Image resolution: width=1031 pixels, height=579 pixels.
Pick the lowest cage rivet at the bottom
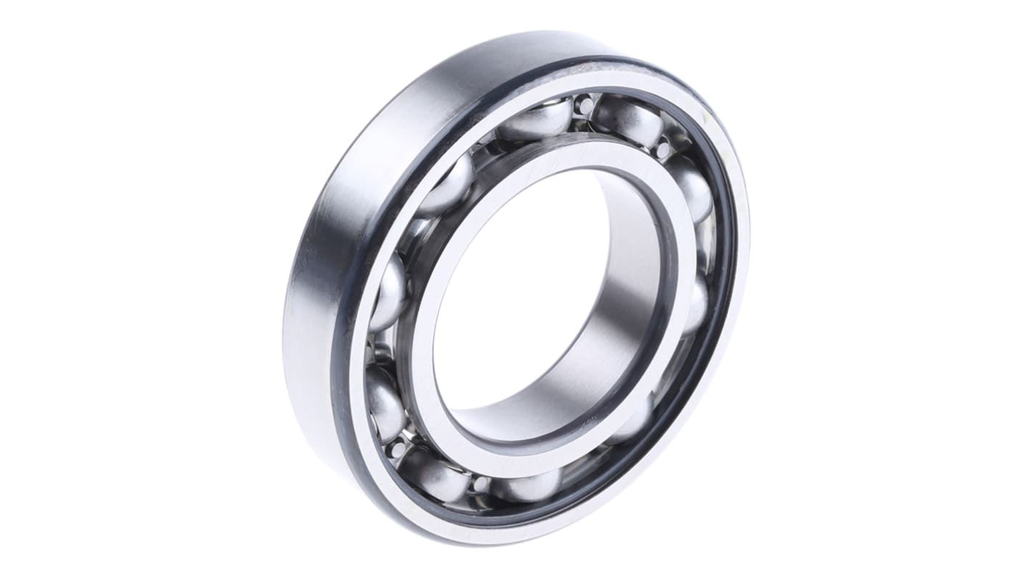[x=478, y=484]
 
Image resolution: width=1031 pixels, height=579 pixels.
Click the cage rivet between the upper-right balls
[x=663, y=149]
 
